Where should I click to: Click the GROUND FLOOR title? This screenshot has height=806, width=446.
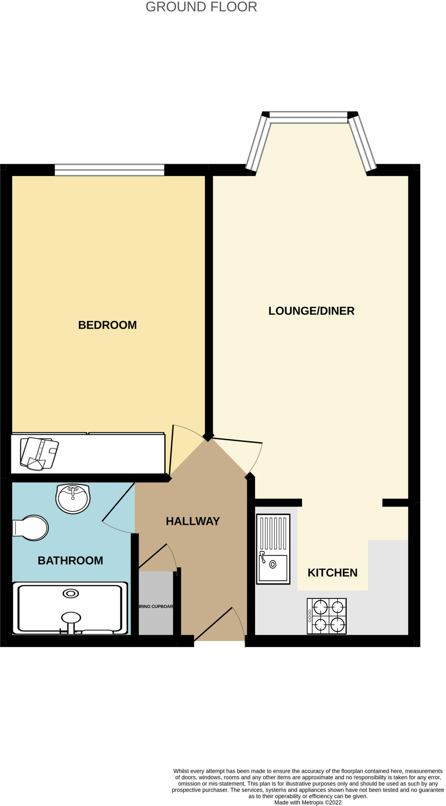(x=201, y=7)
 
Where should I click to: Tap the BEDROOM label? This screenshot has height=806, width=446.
(x=107, y=325)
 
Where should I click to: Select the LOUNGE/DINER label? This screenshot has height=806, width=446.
(x=311, y=311)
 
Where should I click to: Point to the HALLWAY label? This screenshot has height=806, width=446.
(x=192, y=521)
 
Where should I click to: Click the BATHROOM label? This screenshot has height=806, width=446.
(x=70, y=560)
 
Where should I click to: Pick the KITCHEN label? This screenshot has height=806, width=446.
(x=332, y=573)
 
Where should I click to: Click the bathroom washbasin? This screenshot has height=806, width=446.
(x=73, y=499)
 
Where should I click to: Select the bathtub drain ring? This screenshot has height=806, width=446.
(x=70, y=593)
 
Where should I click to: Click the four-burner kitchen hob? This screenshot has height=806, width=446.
(x=326, y=616)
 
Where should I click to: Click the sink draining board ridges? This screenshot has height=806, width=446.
(x=273, y=533)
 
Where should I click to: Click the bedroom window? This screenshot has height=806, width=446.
(x=109, y=170)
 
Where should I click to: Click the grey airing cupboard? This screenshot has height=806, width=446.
(x=156, y=603)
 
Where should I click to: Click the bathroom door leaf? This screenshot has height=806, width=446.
(x=118, y=503)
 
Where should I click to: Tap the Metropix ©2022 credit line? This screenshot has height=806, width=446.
(x=307, y=802)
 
